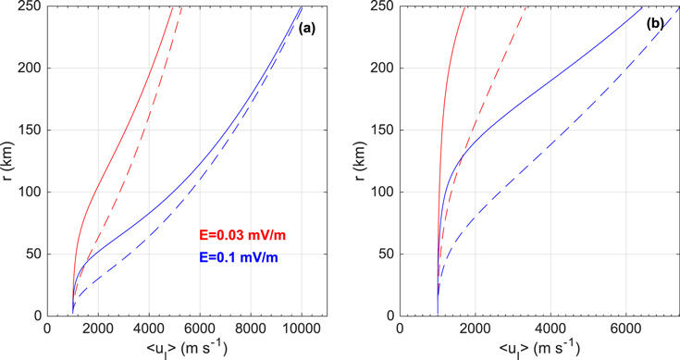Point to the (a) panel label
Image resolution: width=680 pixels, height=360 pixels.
tap(307, 29)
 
